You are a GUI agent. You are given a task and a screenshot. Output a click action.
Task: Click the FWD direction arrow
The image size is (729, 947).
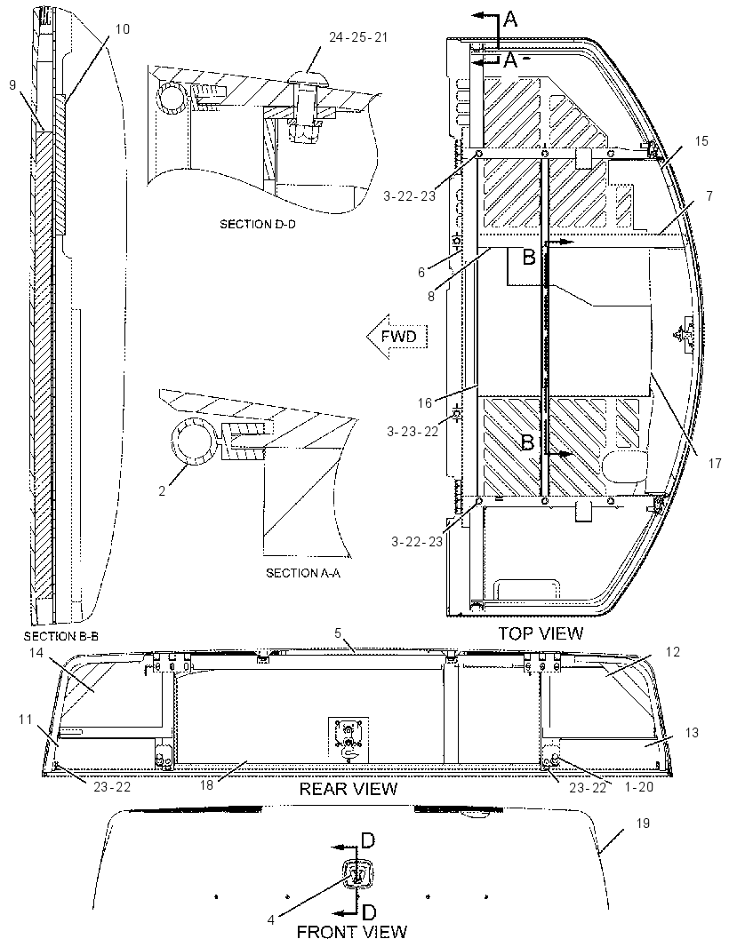pyautogui.click(x=398, y=336)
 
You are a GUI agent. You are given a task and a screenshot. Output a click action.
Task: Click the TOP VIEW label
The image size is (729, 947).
pyautogui.click(x=541, y=633)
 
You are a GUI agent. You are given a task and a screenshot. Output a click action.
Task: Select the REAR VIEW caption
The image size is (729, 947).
pyautogui.click(x=348, y=788)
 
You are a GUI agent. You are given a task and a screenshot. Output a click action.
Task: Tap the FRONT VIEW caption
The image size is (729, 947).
pyautogui.click(x=352, y=932)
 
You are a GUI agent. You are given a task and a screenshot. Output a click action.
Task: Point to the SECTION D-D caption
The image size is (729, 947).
pyautogui.click(x=261, y=224)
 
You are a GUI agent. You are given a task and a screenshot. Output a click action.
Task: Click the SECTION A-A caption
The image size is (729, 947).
pyautogui.click(x=303, y=572)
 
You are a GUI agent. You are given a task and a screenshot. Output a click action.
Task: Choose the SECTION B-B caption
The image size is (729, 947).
pyautogui.click(x=60, y=636)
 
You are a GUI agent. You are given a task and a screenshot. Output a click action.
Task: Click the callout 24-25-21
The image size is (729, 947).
pyautogui.click(x=358, y=37)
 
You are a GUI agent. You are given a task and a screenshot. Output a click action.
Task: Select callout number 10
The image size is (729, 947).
pyautogui.click(x=122, y=29)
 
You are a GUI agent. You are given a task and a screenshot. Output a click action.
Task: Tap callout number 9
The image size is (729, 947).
pyautogui.click(x=12, y=85)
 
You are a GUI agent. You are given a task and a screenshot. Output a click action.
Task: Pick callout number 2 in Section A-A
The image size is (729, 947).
pyautogui.click(x=162, y=491)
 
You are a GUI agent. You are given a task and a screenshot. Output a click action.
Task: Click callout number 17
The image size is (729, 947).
pyautogui.click(x=715, y=463)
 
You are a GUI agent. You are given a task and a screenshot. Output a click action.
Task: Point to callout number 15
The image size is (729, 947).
pyautogui.click(x=701, y=140)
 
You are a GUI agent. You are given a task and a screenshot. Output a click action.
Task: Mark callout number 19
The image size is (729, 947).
pyautogui.click(x=643, y=823)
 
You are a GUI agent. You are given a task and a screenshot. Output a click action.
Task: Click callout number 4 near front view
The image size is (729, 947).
pyautogui.click(x=271, y=919)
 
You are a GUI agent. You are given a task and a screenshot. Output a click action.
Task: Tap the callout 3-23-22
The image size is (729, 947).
pyautogui.click(x=413, y=431)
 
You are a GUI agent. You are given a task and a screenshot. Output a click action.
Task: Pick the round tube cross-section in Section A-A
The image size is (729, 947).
pyautogui.click(x=194, y=442)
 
